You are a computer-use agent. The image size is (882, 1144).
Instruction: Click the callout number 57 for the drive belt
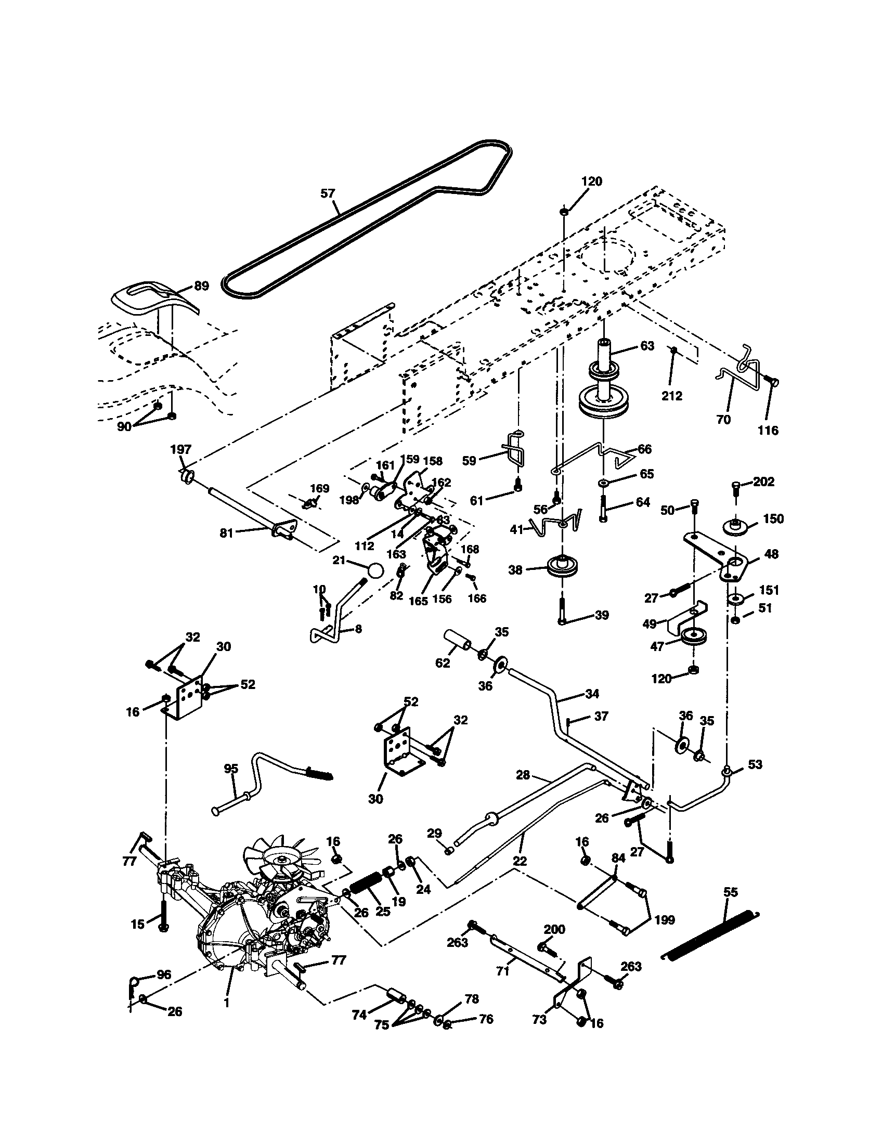[327, 193]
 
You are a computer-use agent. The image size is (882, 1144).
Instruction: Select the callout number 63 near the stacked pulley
[647, 346]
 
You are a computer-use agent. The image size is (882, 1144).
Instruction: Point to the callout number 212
[672, 396]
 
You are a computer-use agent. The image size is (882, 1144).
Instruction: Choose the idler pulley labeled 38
[561, 567]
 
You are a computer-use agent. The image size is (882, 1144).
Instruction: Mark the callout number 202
[763, 482]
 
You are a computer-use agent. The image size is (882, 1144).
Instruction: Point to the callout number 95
[231, 769]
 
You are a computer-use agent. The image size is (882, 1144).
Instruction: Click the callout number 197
[180, 449]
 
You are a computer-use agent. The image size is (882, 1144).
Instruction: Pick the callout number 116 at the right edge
[768, 431]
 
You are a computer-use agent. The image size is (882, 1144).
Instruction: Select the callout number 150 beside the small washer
[773, 518]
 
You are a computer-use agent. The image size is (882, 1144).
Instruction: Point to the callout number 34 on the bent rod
[592, 694]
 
